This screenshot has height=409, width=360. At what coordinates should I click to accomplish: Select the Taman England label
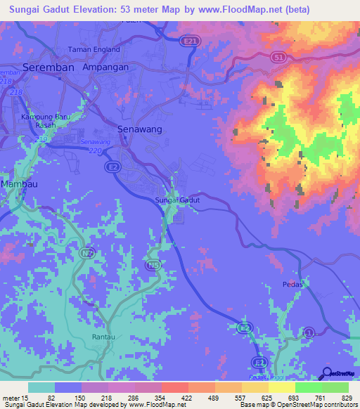[94, 50]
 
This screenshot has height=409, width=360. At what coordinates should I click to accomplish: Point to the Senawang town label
[139, 130]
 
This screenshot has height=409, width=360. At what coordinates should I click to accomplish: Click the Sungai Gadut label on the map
[177, 200]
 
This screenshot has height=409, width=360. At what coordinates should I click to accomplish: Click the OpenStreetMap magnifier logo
[327, 373]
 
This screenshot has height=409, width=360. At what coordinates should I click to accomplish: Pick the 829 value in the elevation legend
[347, 398]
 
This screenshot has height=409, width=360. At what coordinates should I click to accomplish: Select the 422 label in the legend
[186, 398]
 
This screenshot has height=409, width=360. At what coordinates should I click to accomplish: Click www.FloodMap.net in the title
[240, 11]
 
